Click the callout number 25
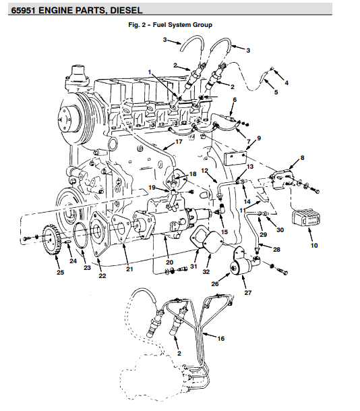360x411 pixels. pos(60,273)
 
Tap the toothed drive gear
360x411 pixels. pos(51,240)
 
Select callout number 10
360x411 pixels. pos(314,246)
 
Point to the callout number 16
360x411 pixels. pos(220,339)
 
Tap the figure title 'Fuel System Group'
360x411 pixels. pos(183,25)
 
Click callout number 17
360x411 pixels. pos(179,142)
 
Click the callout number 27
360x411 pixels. pos(247,292)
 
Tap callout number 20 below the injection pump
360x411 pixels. pos(169,263)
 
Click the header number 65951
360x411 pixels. pos(24,10)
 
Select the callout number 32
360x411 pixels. pos(206,271)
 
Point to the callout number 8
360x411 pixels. pos(303,158)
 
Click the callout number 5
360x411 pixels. pos(276,92)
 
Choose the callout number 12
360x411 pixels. pos(204,171)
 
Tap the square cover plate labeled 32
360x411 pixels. pos(213,242)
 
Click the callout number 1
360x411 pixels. pos(150,72)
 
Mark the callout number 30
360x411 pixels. pos(280,230)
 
